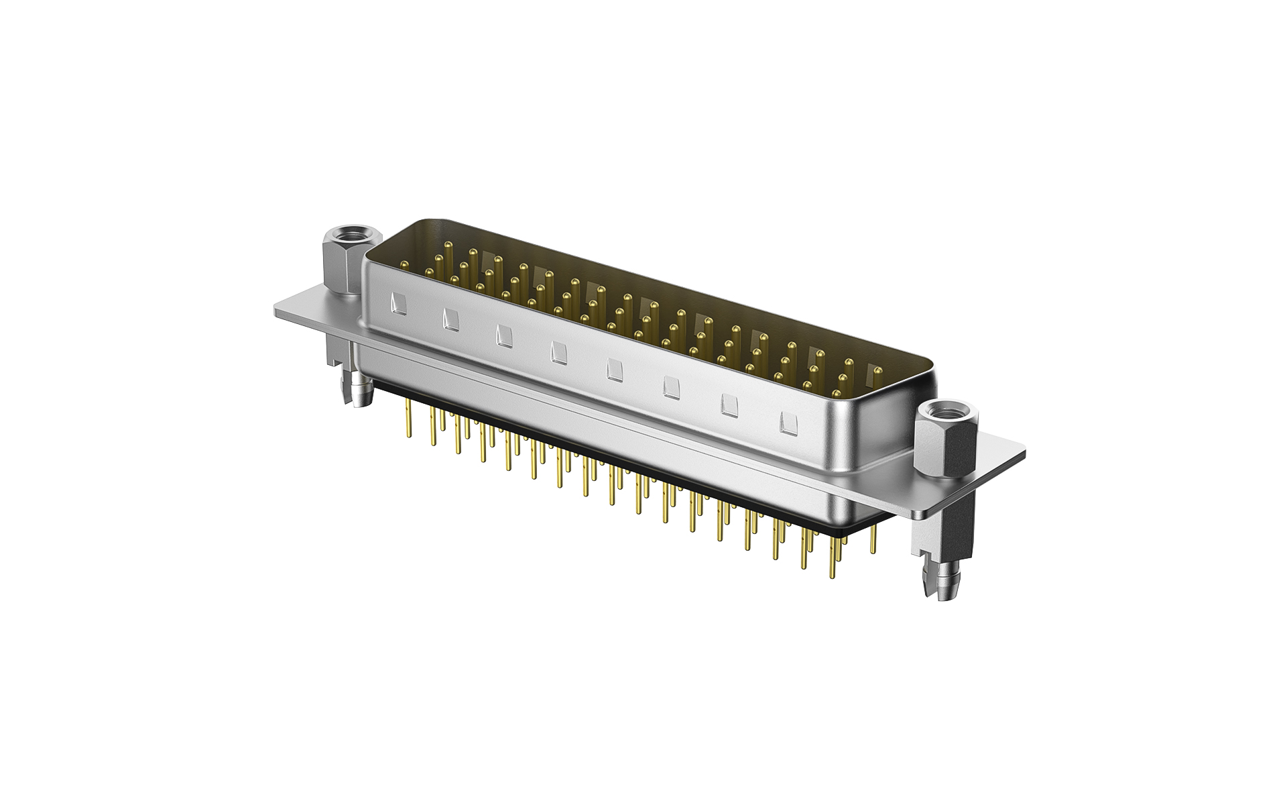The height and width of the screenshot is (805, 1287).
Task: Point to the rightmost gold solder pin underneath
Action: tap(873, 537)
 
